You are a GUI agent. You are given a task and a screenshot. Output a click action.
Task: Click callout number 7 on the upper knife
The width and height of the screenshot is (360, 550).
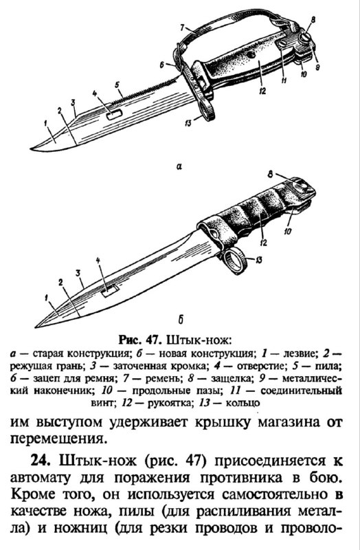(x=182, y=27)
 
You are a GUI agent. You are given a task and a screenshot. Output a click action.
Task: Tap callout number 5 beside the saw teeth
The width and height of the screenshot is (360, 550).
(x=117, y=85)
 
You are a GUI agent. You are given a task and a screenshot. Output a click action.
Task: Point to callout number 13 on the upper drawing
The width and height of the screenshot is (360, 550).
(x=188, y=122)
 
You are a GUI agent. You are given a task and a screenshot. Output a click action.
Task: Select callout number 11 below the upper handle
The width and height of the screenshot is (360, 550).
(x=284, y=81)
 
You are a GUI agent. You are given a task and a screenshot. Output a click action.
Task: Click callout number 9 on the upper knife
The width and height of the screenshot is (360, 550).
(x=317, y=65)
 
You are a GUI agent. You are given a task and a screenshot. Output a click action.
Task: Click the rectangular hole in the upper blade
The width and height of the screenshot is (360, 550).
(x=114, y=114)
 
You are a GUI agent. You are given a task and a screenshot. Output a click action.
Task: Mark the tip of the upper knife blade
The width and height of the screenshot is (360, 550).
(x=30, y=148)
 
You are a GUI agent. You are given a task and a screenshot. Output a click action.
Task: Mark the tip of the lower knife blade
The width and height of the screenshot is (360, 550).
(x=36, y=327)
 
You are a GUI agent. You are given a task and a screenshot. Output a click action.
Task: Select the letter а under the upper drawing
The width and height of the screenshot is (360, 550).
(x=179, y=166)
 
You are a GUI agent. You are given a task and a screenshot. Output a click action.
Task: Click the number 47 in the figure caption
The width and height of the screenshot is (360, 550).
(x=153, y=340)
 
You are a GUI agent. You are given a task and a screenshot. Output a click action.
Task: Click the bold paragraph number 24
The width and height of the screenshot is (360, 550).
(x=41, y=459)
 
